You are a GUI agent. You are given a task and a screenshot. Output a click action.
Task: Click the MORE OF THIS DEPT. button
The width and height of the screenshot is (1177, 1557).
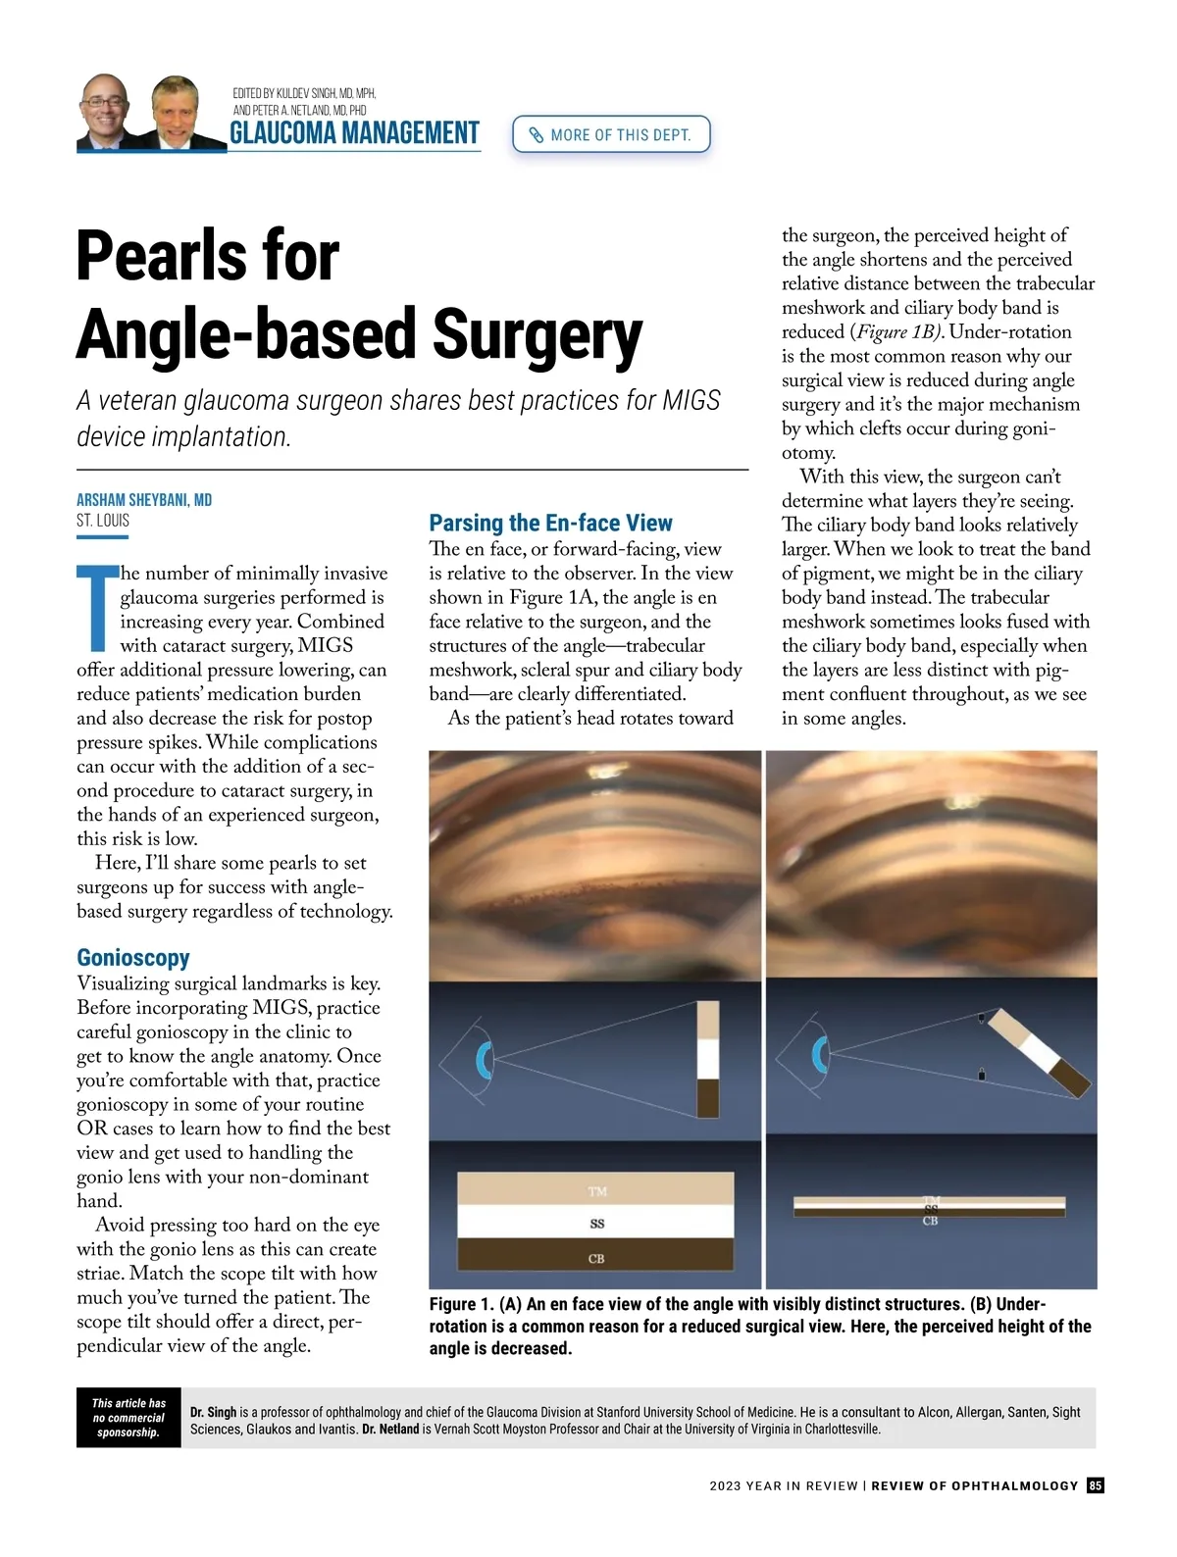click(610, 134)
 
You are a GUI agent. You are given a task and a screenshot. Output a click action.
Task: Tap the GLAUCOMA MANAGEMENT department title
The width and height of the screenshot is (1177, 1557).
click(354, 133)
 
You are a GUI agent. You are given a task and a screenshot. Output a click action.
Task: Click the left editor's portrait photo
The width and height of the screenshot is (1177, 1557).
click(105, 112)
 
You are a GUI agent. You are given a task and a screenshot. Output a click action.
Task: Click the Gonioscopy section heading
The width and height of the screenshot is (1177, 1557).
click(133, 957)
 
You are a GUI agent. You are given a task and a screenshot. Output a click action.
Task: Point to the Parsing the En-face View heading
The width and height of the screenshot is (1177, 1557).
click(550, 523)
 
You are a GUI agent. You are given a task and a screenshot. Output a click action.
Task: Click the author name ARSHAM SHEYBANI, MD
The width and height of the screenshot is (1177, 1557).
click(144, 500)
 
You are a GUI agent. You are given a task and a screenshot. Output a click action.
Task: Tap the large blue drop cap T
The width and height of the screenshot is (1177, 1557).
click(96, 607)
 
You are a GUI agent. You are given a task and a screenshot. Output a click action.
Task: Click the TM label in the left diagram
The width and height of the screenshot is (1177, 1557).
click(597, 1191)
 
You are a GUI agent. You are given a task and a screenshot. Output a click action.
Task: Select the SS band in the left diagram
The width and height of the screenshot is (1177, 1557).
click(596, 1224)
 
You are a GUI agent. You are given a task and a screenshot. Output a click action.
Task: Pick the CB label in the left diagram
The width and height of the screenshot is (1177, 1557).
click(596, 1258)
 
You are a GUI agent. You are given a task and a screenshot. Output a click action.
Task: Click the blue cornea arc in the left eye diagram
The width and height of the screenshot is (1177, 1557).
click(483, 1060)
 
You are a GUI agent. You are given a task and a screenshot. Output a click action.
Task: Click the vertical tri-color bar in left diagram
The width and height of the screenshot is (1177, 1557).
click(707, 1059)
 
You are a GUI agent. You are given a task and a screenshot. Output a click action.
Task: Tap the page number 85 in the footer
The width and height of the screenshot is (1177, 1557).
click(1096, 1485)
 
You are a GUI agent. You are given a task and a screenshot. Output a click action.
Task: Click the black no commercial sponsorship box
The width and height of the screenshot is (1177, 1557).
click(128, 1418)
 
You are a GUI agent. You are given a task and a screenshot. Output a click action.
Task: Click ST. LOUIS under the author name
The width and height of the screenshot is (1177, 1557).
click(103, 521)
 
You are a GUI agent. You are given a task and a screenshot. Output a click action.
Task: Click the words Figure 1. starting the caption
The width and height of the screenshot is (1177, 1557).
click(461, 1304)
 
